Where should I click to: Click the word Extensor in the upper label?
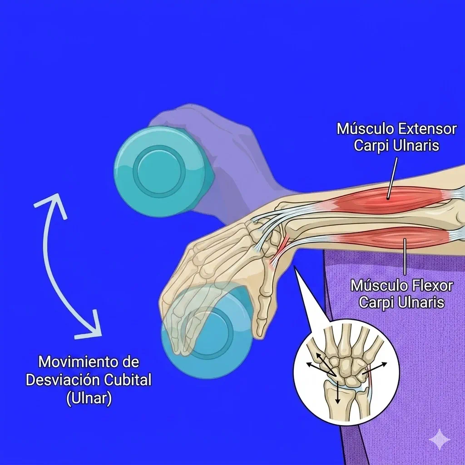pyautogui.click(x=427, y=129)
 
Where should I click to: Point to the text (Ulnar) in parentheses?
pyautogui.click(x=89, y=398)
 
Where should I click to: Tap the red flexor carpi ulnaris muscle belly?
pyautogui.click(x=395, y=237)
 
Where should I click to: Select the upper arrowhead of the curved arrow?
pyautogui.click(x=56, y=205)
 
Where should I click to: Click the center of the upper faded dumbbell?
pyautogui.click(x=159, y=171)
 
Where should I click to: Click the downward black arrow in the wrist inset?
pyautogui.click(x=337, y=392)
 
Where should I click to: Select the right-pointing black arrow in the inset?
pyautogui.click(x=375, y=368)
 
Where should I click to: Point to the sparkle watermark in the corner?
pyautogui.click(x=440, y=440)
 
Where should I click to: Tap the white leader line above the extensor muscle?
pyautogui.click(x=392, y=178)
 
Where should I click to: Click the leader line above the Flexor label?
pyautogui.click(x=405, y=257)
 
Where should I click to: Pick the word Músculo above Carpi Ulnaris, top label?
pyautogui.click(x=365, y=129)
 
